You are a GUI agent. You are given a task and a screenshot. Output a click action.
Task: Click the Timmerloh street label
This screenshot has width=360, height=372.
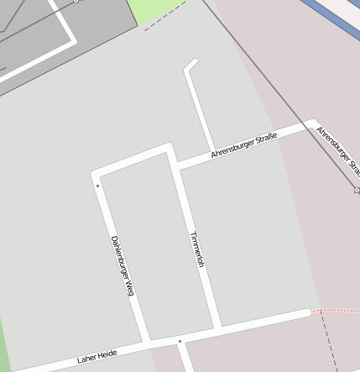[197, 249]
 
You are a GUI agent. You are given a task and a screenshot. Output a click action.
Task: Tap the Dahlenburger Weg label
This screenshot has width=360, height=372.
[123, 265]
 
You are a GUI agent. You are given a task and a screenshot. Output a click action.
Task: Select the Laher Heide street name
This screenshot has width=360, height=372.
[97, 358]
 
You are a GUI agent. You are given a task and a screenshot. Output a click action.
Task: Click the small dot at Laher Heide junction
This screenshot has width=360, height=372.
[179, 341]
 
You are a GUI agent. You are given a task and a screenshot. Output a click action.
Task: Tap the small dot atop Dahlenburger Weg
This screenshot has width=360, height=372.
[97, 186]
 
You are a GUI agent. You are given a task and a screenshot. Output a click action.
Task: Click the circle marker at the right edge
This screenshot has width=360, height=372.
[357, 191]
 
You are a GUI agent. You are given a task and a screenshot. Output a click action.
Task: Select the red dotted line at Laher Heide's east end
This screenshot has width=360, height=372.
[336, 311]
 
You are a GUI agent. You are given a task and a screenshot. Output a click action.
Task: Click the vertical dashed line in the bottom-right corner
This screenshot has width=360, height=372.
[326, 344]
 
